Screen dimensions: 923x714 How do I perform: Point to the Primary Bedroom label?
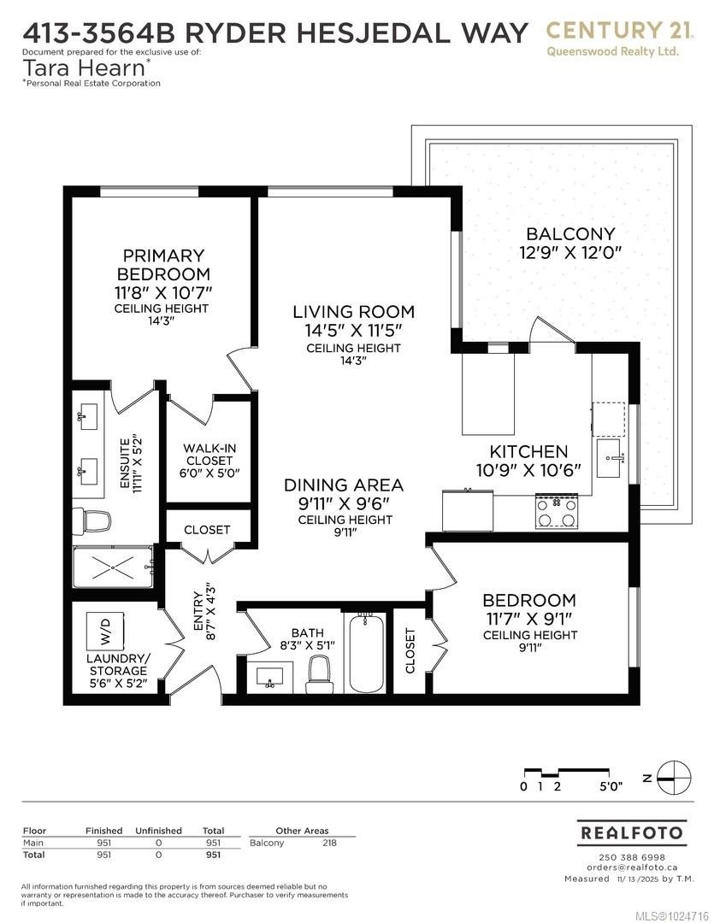[162, 265]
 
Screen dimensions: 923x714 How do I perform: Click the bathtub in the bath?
[367, 653]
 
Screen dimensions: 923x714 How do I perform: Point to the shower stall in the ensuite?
[113, 567]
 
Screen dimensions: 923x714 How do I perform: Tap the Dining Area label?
[344, 485]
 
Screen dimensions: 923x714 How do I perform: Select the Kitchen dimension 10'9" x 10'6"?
[528, 469]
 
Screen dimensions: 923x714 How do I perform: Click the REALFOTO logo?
[632, 832]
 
